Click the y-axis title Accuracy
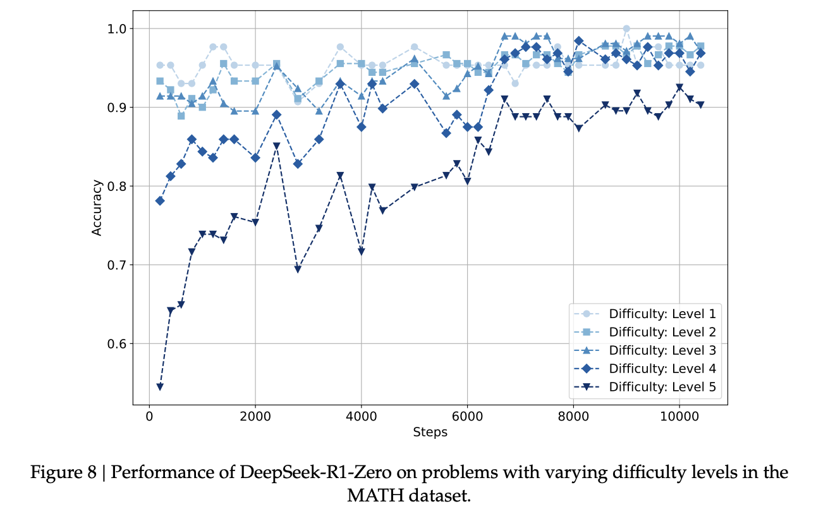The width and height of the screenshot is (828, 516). point(97,208)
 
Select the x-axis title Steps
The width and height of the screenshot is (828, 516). point(430,433)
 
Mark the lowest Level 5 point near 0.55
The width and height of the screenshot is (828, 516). point(160,386)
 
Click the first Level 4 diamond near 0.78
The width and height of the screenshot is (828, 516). point(160,200)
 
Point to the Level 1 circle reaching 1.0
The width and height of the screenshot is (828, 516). point(626,28)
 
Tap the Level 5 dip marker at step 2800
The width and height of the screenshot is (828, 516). point(298,269)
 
